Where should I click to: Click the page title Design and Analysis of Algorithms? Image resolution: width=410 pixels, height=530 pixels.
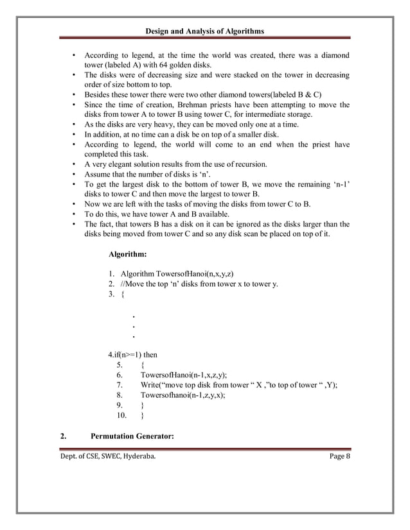click(x=205, y=31)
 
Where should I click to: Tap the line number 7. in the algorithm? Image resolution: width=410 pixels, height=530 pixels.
click(x=120, y=385)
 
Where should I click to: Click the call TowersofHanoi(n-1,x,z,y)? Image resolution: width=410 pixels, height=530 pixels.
click(x=184, y=375)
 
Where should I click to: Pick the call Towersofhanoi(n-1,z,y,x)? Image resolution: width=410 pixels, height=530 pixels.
click(x=184, y=395)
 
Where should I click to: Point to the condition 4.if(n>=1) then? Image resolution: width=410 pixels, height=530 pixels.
click(x=134, y=354)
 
